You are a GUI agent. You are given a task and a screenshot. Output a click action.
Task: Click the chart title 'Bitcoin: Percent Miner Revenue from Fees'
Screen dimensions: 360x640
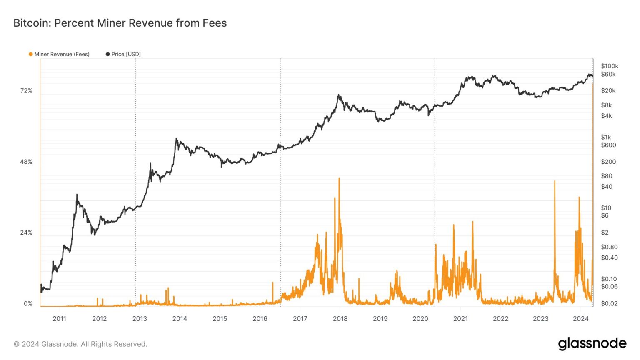(x=120, y=23)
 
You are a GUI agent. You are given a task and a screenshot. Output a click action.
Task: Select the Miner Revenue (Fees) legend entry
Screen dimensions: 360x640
(x=59, y=54)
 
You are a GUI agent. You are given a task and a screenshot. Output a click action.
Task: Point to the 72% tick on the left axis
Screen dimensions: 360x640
(x=26, y=91)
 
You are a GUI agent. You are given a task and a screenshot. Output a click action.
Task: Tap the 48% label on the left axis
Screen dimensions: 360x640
(x=26, y=162)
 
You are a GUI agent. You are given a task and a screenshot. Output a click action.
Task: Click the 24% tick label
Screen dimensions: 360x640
(x=26, y=232)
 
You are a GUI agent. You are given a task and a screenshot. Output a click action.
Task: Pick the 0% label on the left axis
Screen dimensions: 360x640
(x=28, y=303)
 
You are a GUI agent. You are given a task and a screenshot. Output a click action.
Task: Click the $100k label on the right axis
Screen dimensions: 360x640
(x=610, y=66)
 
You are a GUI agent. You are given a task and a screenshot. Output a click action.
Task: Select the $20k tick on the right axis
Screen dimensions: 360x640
(x=608, y=90)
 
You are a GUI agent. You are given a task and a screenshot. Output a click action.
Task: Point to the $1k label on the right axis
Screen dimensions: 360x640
(x=606, y=137)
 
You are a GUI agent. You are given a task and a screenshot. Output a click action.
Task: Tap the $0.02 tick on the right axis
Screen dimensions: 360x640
(x=609, y=303)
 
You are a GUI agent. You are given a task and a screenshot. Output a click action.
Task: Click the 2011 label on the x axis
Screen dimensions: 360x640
(x=59, y=319)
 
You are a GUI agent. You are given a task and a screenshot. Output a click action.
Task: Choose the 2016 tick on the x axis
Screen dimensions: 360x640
(x=260, y=319)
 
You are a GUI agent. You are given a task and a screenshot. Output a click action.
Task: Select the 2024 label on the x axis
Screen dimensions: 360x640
(x=581, y=319)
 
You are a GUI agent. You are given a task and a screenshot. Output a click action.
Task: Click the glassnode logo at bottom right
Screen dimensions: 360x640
(x=592, y=344)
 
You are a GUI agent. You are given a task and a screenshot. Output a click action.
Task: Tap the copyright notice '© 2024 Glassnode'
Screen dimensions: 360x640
(x=80, y=344)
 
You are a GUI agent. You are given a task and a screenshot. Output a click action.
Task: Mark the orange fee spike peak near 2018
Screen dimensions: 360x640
(x=339, y=178)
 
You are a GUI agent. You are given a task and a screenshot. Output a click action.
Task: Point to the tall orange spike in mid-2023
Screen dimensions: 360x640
(x=555, y=181)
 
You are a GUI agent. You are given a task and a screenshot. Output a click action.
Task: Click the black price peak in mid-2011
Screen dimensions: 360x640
(x=77, y=195)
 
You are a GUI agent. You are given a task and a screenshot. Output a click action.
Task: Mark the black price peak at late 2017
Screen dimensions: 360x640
(x=338, y=95)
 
